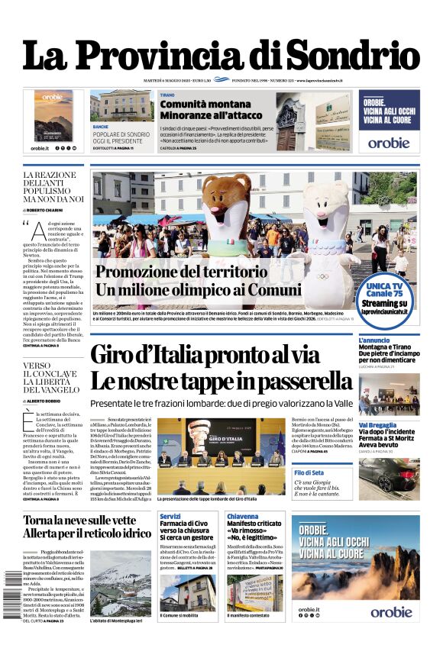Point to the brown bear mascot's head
[x=227, y=197]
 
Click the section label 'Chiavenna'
[x=243, y=517]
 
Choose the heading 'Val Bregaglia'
[x=378, y=425]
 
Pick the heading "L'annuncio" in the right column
[x=374, y=340]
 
